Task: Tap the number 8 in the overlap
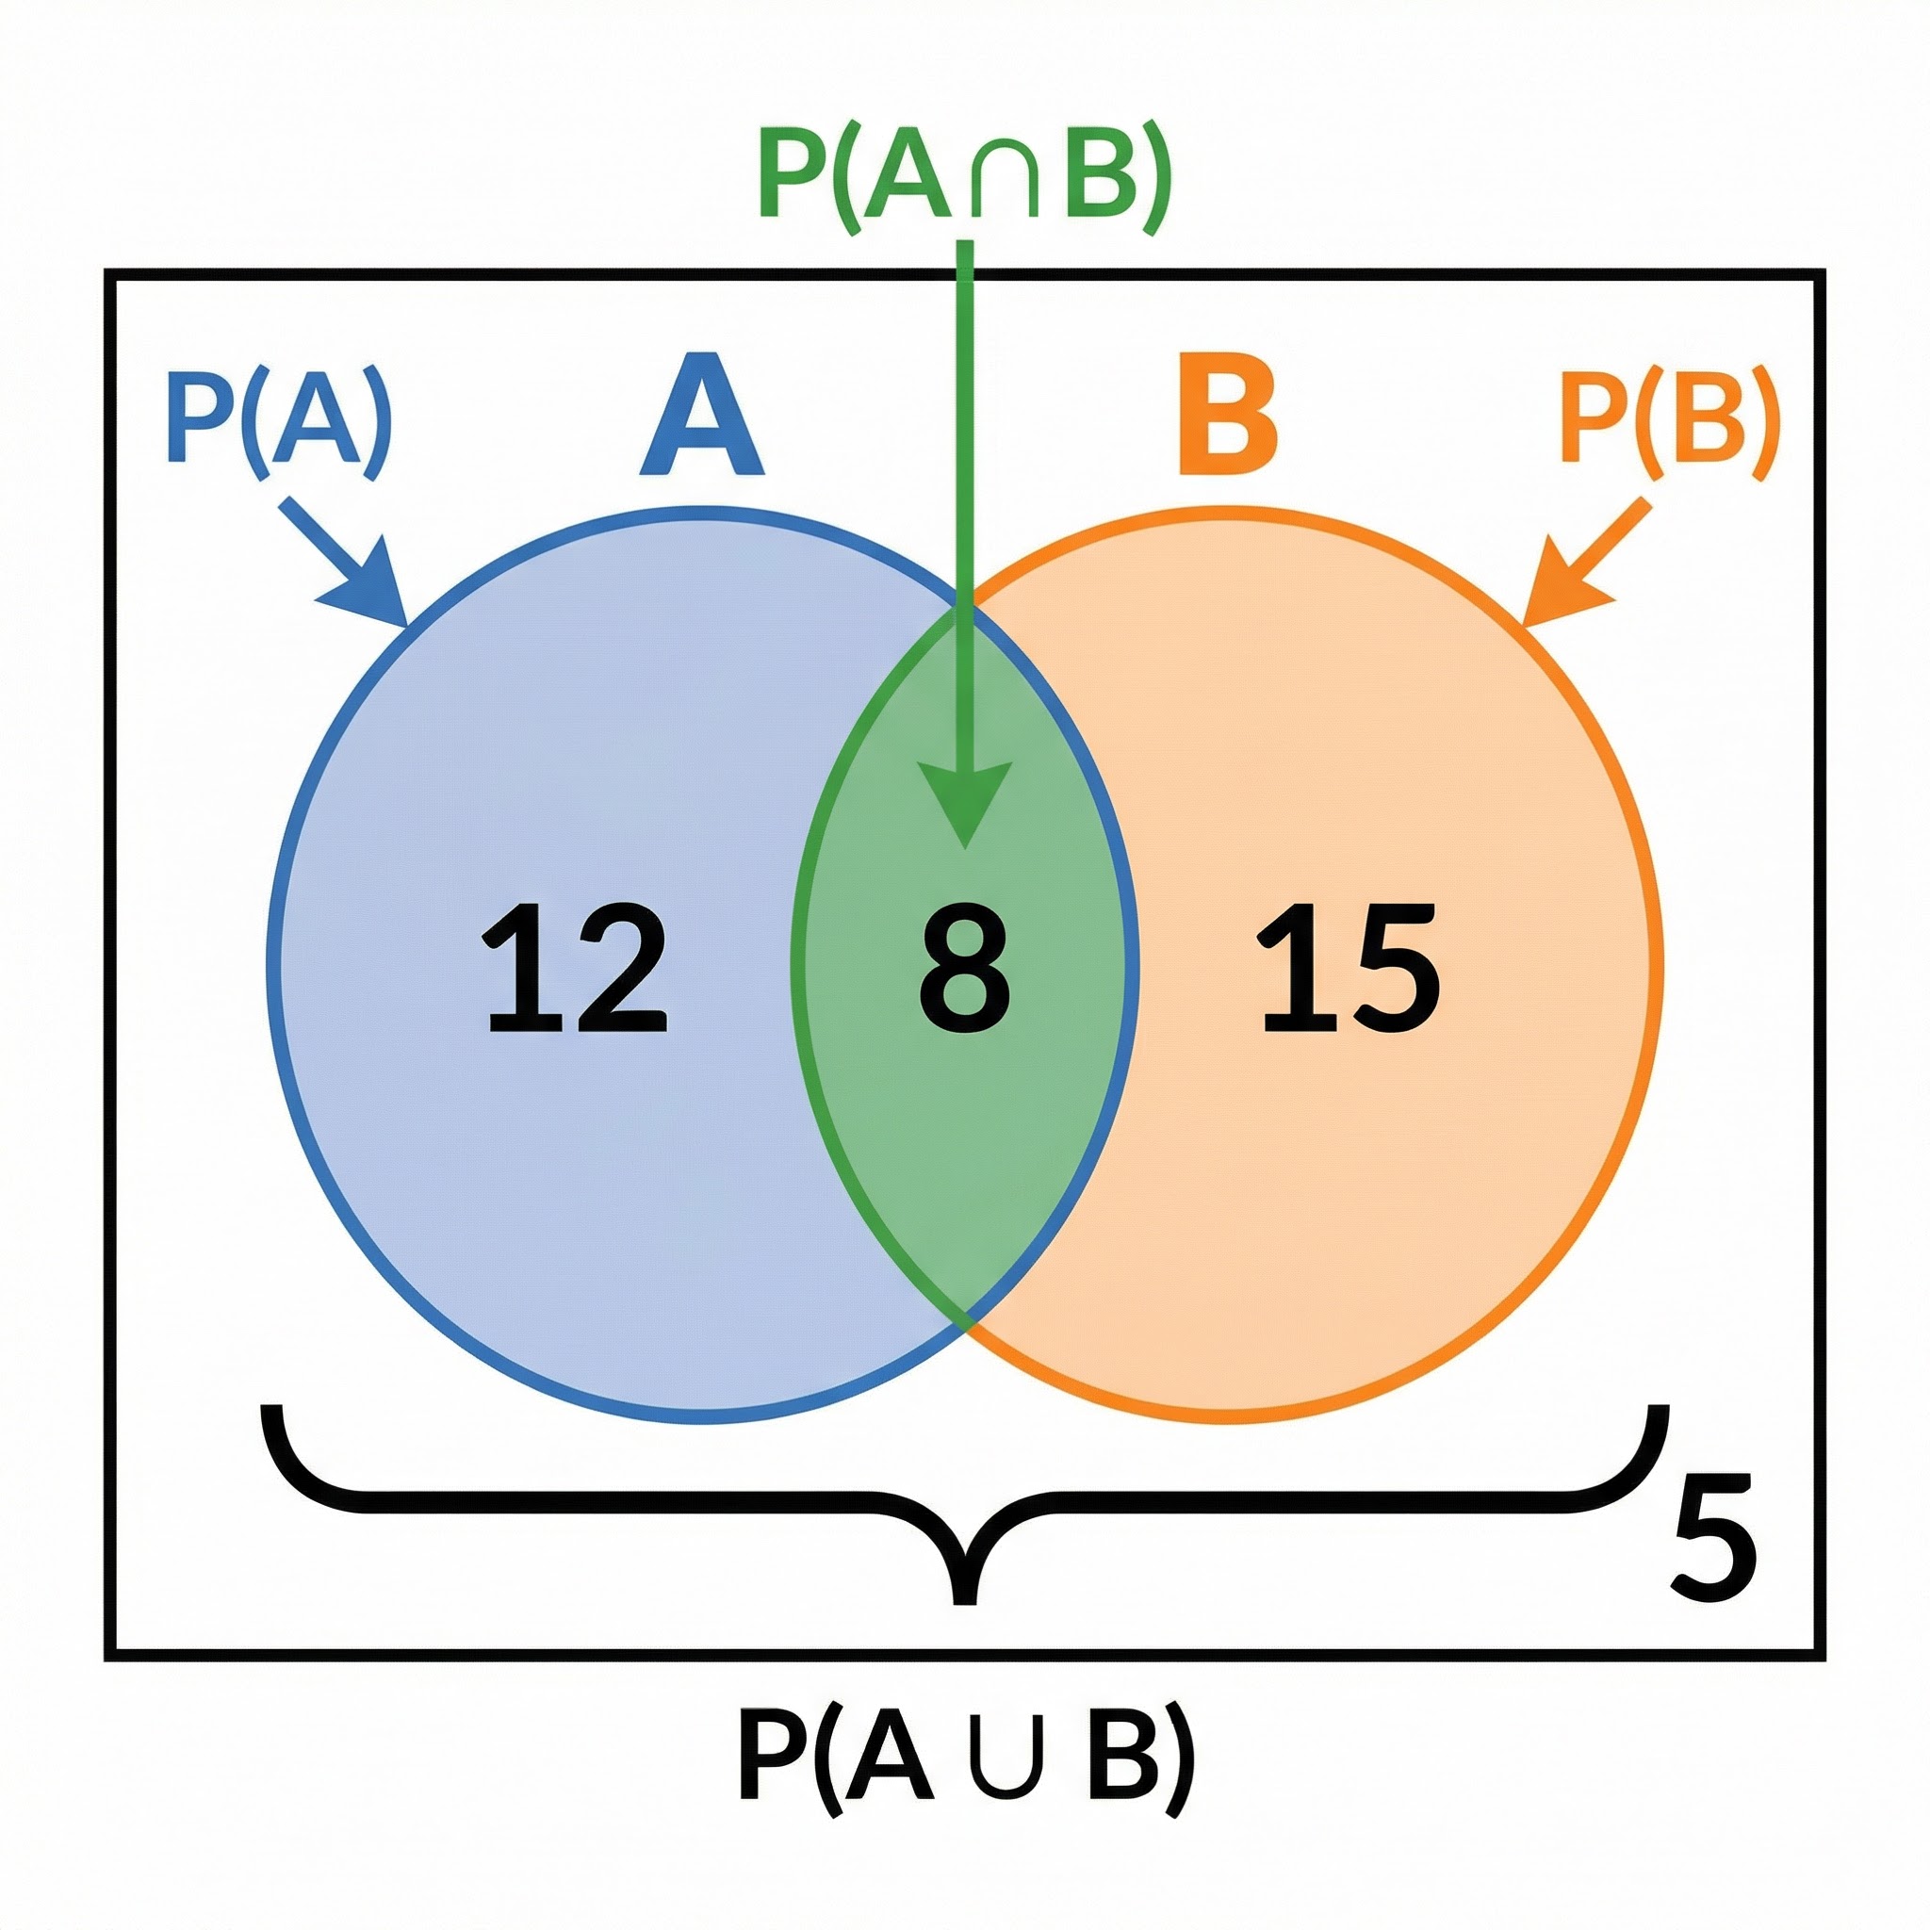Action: pos(964,968)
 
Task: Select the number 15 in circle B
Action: pos(1349,968)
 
